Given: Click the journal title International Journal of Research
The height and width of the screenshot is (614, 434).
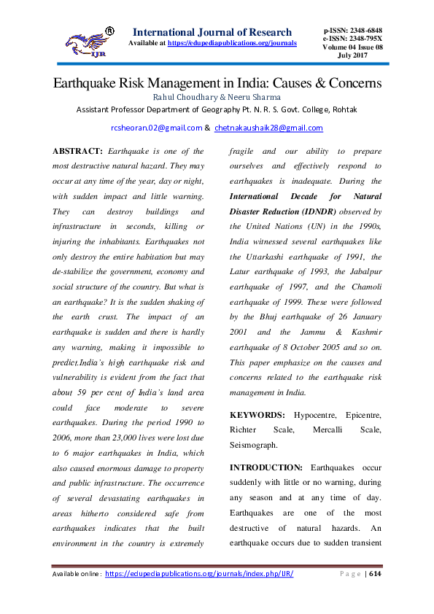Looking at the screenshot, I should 212,32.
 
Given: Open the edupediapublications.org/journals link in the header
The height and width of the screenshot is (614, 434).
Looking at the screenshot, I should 231,43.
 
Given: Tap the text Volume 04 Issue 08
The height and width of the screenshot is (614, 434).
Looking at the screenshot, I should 353,47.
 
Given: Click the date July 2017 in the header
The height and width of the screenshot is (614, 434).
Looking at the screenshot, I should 353,55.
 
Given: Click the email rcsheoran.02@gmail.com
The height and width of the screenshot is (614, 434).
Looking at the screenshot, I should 156,128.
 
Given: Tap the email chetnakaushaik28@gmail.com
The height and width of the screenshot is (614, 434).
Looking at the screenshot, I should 268,128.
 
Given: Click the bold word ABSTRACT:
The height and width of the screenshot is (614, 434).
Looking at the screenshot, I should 77,151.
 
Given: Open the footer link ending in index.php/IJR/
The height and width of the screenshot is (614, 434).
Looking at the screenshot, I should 199,574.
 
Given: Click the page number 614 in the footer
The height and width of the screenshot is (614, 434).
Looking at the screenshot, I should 376,574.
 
